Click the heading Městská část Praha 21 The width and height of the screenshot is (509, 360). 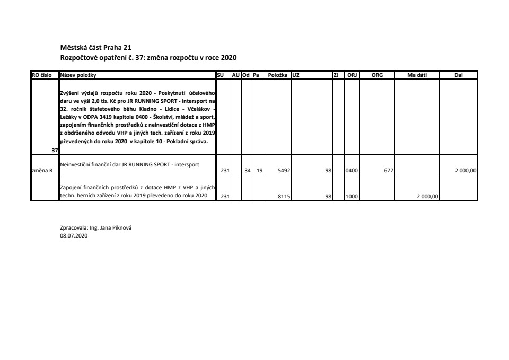click(92, 48)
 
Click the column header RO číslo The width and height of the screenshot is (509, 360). click(42, 75)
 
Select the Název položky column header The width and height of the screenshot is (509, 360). click(78, 75)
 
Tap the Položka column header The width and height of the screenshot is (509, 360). click(277, 75)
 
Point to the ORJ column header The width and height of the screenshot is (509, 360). click(352, 75)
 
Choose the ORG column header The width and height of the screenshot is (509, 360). click(377, 75)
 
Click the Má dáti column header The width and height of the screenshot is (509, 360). click(417, 75)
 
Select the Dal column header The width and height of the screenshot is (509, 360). click(459, 75)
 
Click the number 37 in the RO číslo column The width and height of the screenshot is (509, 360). click(55, 151)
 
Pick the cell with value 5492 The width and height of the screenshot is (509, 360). click(283, 171)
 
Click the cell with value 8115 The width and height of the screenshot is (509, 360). click(283, 196)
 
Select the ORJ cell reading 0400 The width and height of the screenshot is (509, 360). click(352, 171)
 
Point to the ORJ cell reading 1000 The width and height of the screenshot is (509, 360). click(352, 196)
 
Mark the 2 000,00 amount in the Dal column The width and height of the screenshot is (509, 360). click(466, 171)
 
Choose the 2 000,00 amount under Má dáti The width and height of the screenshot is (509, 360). click(427, 196)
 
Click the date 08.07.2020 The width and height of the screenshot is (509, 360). click(74, 236)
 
